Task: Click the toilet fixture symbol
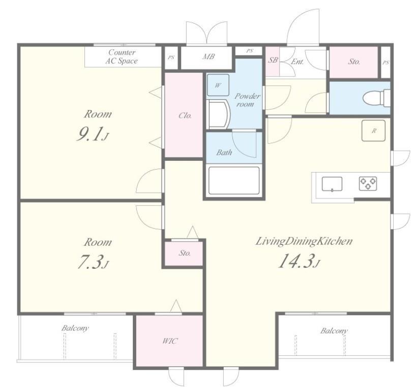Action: coord(376,98)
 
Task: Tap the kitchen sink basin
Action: coord(332,184)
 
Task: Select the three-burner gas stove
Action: coord(368,184)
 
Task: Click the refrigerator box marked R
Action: coord(373,130)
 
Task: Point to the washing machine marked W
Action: coord(218,85)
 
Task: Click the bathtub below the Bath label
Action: coord(234,181)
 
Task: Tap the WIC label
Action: coord(170,341)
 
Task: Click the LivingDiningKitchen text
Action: coord(304,241)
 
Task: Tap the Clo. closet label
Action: coord(185,116)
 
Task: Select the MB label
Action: coord(208,57)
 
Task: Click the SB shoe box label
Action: coord(273,60)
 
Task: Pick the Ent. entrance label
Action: coord(297,62)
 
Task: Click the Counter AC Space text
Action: coord(122,57)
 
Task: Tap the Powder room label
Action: coord(247,100)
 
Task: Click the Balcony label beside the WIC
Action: coord(75,328)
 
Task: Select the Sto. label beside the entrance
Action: coord(354,62)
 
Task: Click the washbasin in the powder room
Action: coord(219,115)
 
